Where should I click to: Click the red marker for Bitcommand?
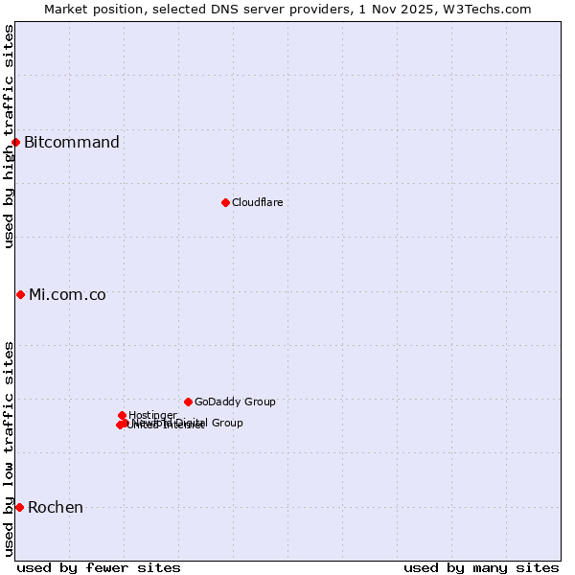pyautogui.click(x=15, y=143)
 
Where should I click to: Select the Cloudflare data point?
pyautogui.click(x=225, y=202)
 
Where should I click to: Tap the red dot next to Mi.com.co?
pyautogui.click(x=20, y=294)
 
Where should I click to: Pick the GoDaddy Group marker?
pyautogui.click(x=188, y=402)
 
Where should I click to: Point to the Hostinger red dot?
pyautogui.click(x=122, y=415)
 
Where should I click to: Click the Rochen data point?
pyautogui.click(x=19, y=507)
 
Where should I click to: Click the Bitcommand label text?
pyautogui.click(x=72, y=143)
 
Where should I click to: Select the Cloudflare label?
pyautogui.click(x=257, y=202)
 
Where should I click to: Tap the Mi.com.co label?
pyautogui.click(x=67, y=294)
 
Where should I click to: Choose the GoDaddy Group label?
pyautogui.click(x=235, y=402)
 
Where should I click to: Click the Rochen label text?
pyautogui.click(x=56, y=507)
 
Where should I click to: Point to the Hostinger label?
pyautogui.click(x=152, y=415)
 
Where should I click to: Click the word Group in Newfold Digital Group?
pyautogui.click(x=226, y=423)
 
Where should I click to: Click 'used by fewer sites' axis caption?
pyautogui.click(x=99, y=567)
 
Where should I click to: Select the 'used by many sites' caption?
pyautogui.click(x=481, y=567)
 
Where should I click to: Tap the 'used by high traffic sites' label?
pyautogui.click(x=9, y=136)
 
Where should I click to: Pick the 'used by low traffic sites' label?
pyautogui.click(x=9, y=448)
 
